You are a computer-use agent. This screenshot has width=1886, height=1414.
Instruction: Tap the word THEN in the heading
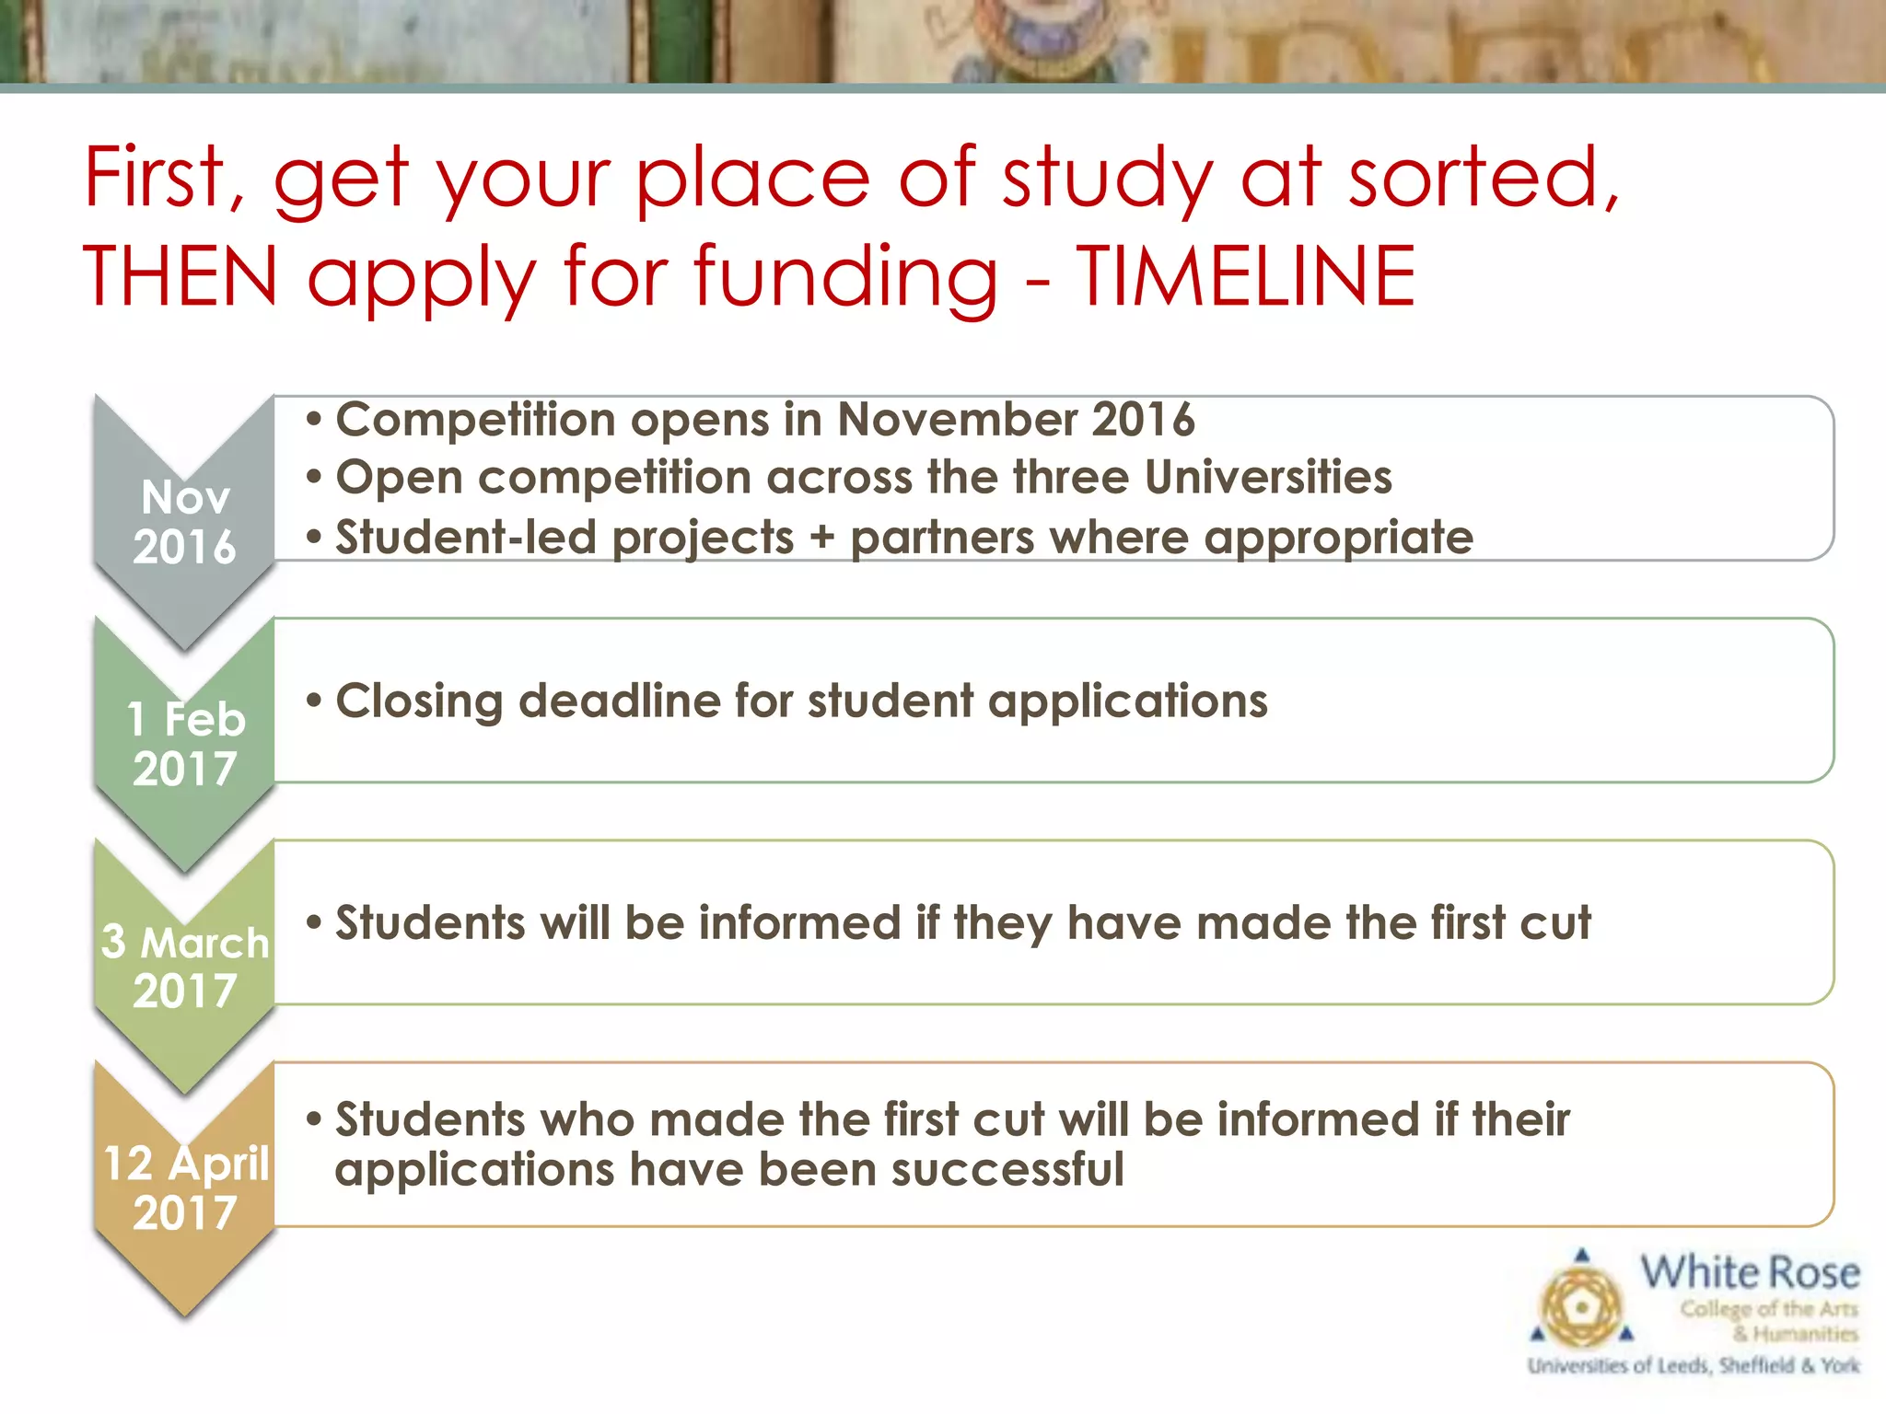coord(180,276)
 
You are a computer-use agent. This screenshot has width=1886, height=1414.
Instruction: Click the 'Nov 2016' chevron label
coord(184,522)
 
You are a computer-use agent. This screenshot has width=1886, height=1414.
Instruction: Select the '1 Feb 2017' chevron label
coord(185,744)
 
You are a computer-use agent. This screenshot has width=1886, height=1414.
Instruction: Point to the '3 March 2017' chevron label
coord(185,966)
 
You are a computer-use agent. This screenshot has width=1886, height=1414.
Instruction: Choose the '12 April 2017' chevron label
coord(185,1188)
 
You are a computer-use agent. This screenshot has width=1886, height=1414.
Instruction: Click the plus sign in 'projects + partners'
coord(821,538)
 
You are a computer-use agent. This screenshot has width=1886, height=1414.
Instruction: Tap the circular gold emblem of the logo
coord(1581,1307)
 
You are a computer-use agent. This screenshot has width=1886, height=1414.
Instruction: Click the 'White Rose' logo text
coord(1750,1273)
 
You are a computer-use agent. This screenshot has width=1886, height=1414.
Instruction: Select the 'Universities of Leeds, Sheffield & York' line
coord(1694,1365)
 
